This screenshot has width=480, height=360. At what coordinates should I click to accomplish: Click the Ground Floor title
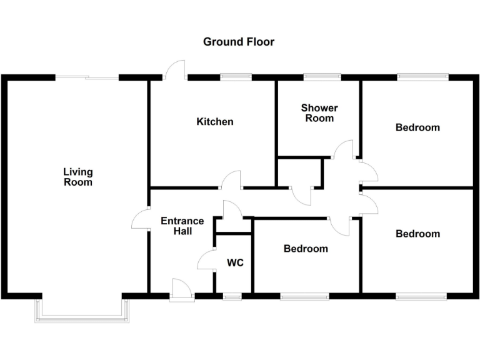pyautogui.click(x=239, y=42)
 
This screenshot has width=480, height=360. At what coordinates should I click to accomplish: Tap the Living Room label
pyautogui.click(x=78, y=177)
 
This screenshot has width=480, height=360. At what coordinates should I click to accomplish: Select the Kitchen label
pyautogui.click(x=215, y=121)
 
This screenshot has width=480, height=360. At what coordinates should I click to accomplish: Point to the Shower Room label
pyautogui.click(x=319, y=112)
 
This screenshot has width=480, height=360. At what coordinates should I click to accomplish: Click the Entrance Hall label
pyautogui.click(x=182, y=226)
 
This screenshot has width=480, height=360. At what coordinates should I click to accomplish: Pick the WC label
pyautogui.click(x=235, y=262)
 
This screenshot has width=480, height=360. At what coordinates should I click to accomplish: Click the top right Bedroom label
pyautogui.click(x=417, y=127)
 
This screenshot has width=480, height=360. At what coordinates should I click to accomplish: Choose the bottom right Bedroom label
pyautogui.click(x=417, y=234)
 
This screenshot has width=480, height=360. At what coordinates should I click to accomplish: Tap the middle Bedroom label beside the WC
pyautogui.click(x=306, y=249)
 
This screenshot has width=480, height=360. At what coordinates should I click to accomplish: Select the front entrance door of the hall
pyautogui.click(x=182, y=291)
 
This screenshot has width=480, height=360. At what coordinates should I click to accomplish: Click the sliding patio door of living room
pyautogui.click(x=87, y=77)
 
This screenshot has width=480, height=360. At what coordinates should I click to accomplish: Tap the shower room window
pyautogui.click(x=322, y=77)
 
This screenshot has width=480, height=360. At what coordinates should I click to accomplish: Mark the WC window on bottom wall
pyautogui.click(x=232, y=296)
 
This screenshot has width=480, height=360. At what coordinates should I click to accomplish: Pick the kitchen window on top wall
pyautogui.click(x=236, y=77)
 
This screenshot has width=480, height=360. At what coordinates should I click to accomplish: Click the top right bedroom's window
pyautogui.click(x=423, y=77)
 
